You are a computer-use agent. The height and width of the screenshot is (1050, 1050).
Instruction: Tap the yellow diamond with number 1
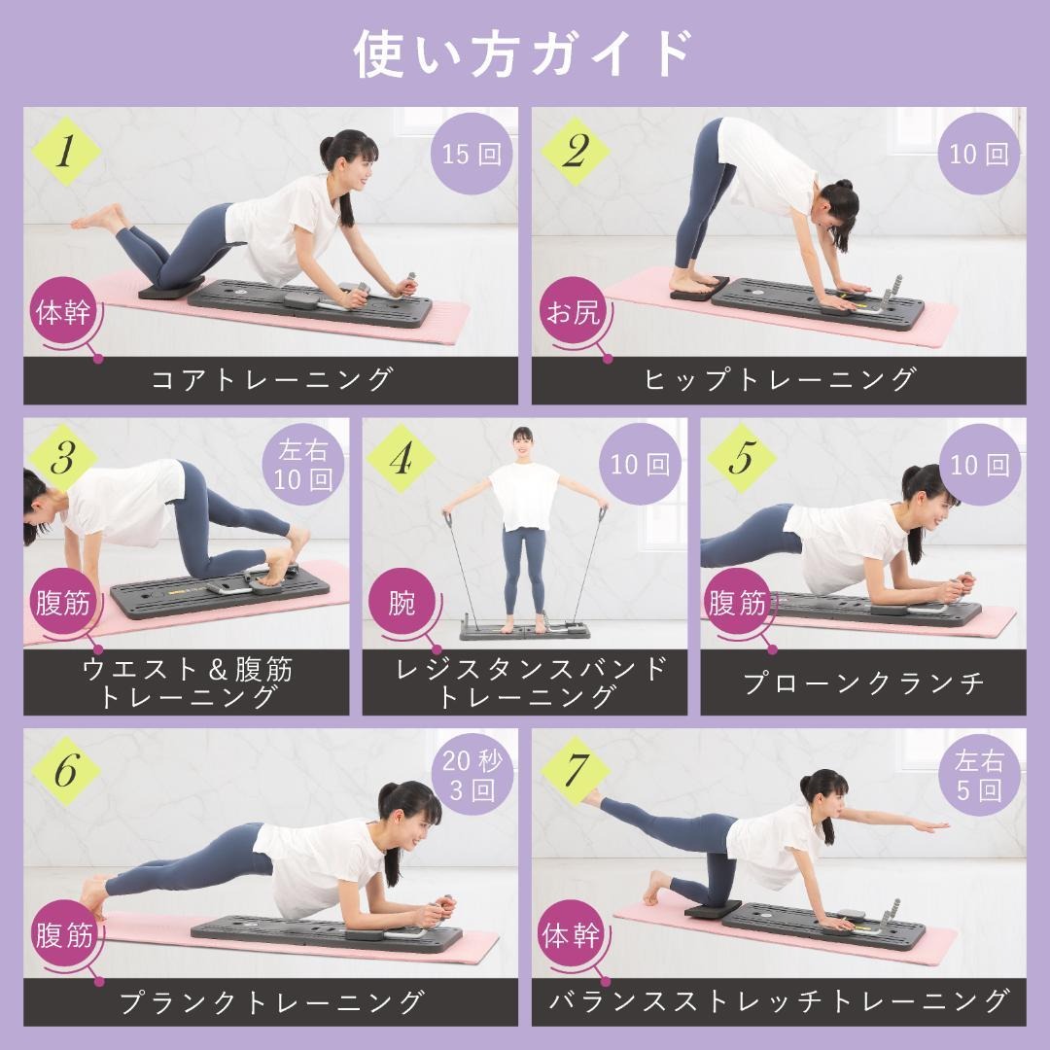(x=65, y=153)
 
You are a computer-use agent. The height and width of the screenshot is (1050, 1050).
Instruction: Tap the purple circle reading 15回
(x=472, y=155)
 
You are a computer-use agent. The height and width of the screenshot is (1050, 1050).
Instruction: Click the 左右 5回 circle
(x=978, y=775)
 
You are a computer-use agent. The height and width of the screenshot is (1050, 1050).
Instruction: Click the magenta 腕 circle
(x=401, y=603)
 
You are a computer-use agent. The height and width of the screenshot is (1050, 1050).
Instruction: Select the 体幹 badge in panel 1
(x=64, y=313)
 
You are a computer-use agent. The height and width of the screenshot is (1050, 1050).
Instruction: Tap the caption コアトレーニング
(x=271, y=380)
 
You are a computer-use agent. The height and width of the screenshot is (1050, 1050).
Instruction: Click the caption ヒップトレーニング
(x=779, y=380)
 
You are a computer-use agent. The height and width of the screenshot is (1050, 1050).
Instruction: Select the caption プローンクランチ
(x=863, y=682)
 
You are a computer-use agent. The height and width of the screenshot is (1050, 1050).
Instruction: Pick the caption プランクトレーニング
(x=271, y=1001)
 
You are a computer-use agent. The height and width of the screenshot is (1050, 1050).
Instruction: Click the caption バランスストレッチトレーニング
(x=779, y=1001)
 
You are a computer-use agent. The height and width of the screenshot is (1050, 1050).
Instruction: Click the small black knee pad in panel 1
(x=170, y=288)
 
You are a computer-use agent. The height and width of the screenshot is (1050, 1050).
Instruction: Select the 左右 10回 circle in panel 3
(x=302, y=465)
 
